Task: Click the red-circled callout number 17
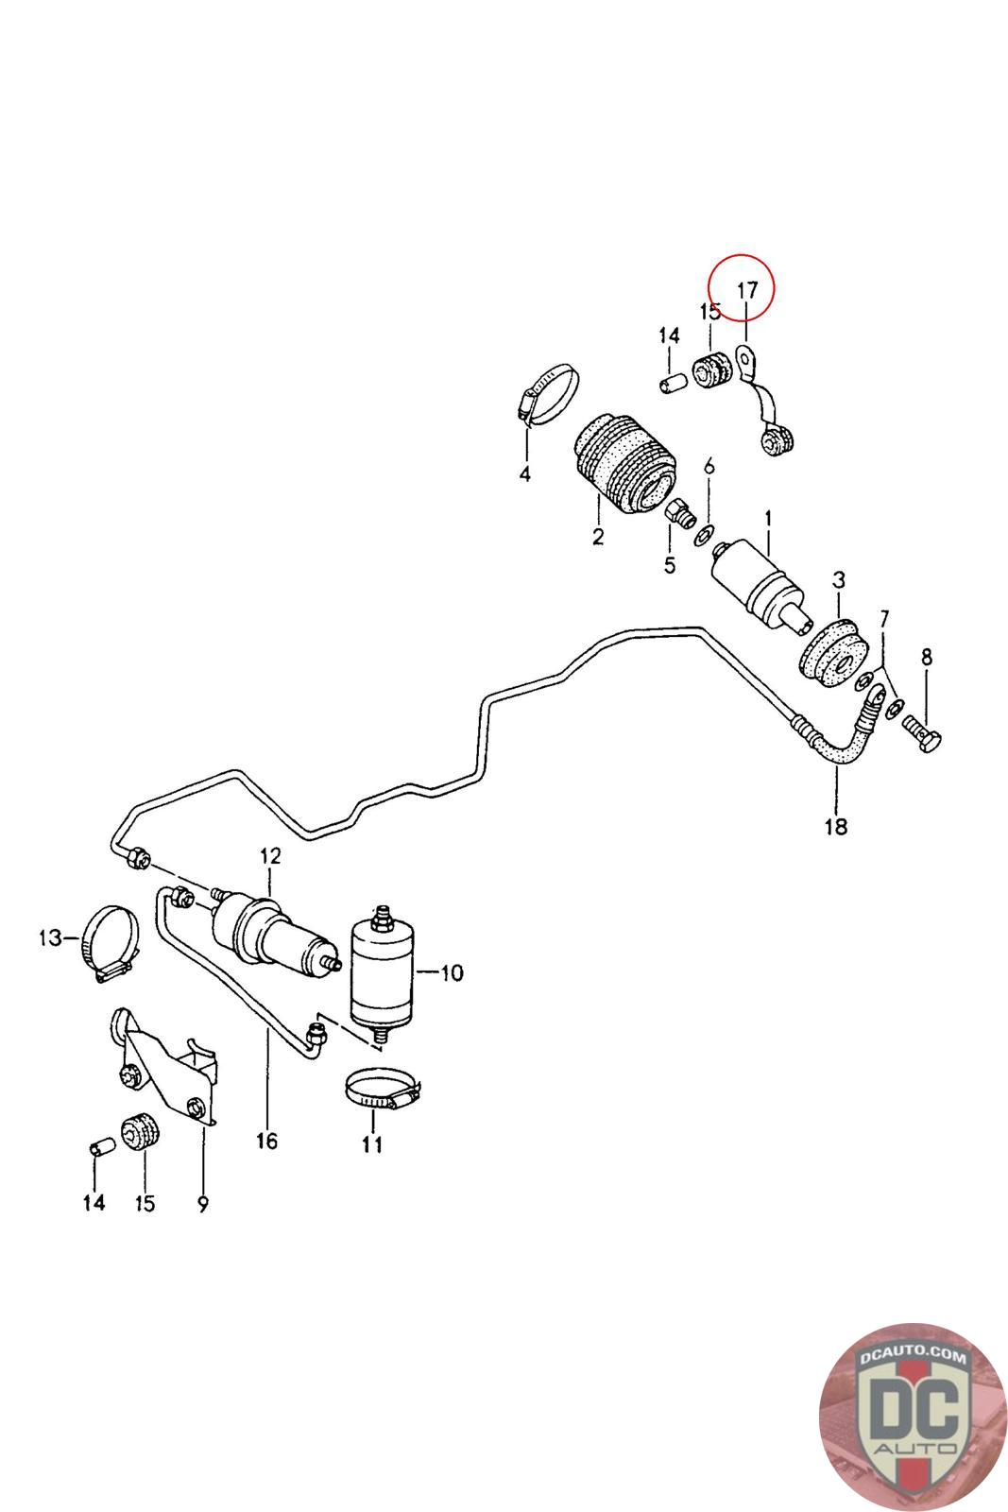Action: pos(746,289)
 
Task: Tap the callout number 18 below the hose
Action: pos(835,827)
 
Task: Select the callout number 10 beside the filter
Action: pos(452,972)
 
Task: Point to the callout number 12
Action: pos(270,856)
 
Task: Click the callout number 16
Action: pos(266,1142)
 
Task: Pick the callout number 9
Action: pos(203,1204)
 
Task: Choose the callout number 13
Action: pos(49,938)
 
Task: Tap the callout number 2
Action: pos(597,538)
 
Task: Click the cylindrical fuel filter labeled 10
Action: pos(381,972)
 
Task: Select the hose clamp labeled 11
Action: pos(380,1091)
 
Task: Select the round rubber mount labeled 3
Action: pos(833,653)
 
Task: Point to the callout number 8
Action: pos(926,656)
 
